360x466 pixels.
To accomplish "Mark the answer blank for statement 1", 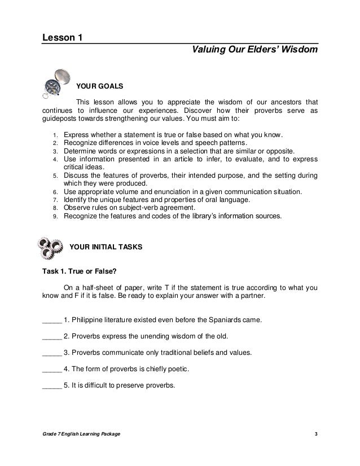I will point(52,320).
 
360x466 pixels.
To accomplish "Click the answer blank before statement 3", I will point(52,353).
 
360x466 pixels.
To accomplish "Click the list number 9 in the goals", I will point(55,216).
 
